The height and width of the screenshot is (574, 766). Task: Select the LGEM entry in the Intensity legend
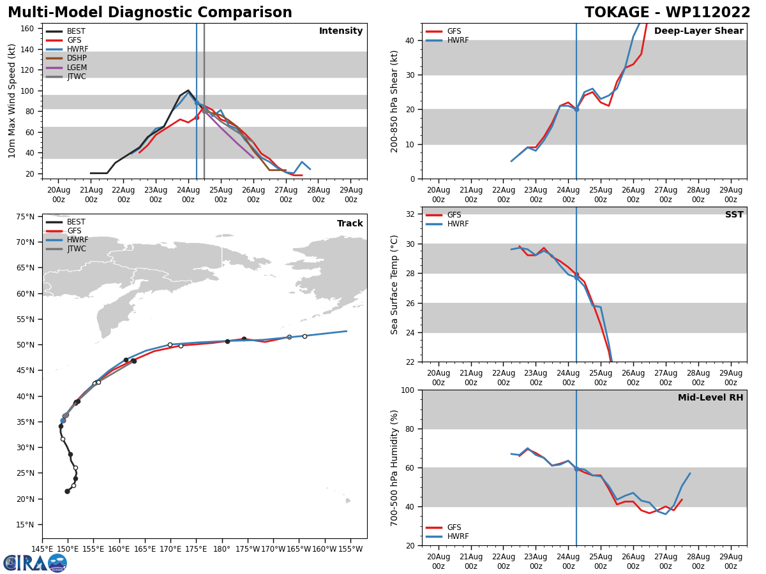click(77, 68)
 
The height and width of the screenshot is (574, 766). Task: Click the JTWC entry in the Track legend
click(77, 249)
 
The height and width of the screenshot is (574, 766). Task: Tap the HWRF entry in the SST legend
click(458, 224)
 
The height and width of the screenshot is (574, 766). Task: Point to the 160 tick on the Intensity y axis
click(27, 29)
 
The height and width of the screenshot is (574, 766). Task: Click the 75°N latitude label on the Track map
click(25, 217)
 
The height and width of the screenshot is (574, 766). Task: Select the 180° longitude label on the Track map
click(222, 549)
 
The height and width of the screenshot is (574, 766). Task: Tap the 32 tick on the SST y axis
click(411, 214)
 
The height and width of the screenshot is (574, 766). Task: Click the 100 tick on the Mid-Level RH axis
click(409, 390)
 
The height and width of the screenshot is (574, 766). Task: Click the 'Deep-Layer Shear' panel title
click(698, 31)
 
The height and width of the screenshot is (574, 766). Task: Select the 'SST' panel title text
click(734, 215)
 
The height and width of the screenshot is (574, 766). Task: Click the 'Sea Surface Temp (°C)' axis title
click(394, 284)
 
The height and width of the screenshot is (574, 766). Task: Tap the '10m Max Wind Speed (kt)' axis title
click(12, 101)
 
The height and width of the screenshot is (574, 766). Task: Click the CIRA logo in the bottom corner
click(34, 563)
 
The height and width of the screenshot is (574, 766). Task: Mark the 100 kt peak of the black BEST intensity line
click(188, 91)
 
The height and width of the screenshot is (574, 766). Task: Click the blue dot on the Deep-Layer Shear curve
click(576, 109)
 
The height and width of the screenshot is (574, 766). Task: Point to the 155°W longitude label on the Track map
click(350, 549)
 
